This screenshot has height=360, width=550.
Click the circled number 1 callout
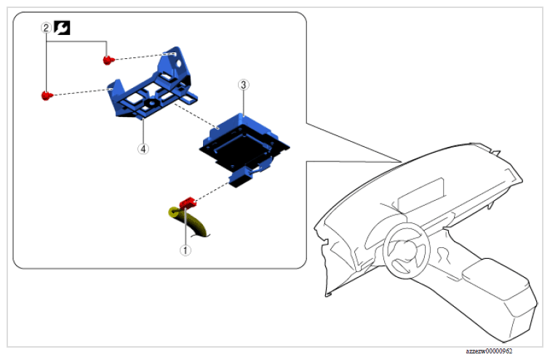click(186, 250)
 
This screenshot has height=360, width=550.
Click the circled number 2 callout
click(46, 28)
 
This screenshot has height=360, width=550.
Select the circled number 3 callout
click(244, 85)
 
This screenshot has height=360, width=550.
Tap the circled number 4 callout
click(143, 148)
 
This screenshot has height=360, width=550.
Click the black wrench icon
click(62, 28)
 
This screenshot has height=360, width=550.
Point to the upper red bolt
click(108, 60)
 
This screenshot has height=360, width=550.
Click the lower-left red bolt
click(47, 95)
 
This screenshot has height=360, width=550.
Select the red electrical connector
click(188, 203)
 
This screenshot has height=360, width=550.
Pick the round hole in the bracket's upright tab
click(178, 64)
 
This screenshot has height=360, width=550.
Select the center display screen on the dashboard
click(421, 194)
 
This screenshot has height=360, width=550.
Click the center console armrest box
click(495, 278)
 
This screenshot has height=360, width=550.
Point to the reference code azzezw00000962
click(489, 351)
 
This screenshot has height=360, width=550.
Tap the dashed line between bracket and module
click(195, 116)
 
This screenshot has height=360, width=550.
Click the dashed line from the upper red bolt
click(140, 57)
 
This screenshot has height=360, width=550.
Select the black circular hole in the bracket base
click(152, 103)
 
